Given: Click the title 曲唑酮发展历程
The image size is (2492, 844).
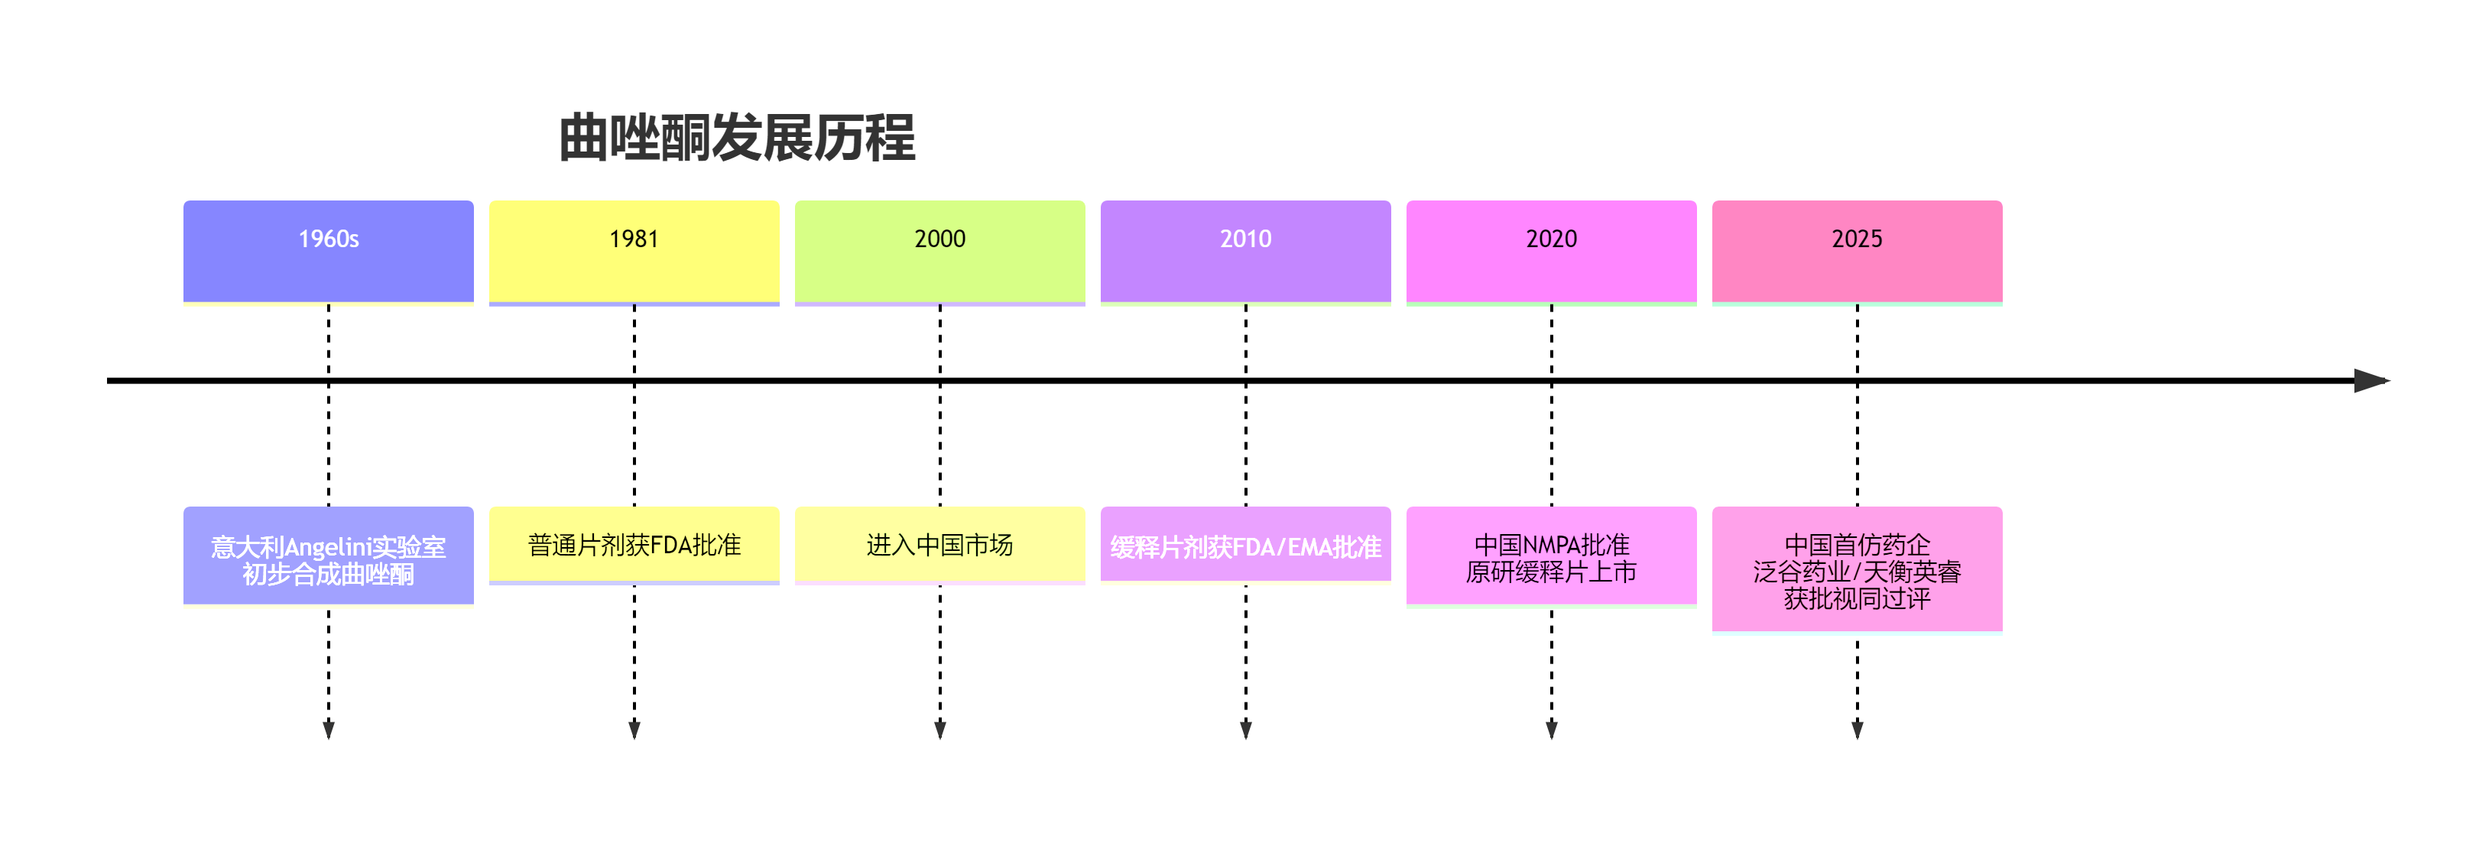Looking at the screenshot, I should [736, 138].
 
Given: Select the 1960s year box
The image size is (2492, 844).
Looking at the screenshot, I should [328, 251].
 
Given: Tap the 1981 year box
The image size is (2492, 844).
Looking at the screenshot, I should [634, 251].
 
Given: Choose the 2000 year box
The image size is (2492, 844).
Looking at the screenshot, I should [939, 251].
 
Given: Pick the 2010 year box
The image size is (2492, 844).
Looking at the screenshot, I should [1245, 251].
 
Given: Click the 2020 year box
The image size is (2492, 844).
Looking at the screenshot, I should [1551, 251].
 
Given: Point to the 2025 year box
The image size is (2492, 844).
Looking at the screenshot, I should [1857, 251].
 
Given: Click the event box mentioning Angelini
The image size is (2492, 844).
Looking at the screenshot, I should [328, 556].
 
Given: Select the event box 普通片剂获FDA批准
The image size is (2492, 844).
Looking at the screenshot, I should [634, 544].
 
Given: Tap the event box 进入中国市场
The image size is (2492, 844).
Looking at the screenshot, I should [939, 544].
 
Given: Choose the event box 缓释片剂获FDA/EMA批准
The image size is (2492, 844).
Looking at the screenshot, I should [1245, 545].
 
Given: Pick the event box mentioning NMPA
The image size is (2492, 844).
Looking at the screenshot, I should [1551, 556].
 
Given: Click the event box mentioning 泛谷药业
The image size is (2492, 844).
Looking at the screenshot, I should [1857, 569].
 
